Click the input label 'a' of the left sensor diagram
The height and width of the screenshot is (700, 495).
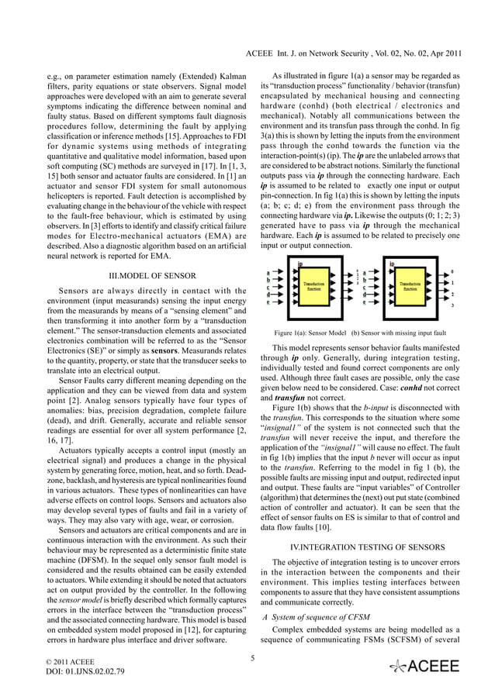pos(268,272)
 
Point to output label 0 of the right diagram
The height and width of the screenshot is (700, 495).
pos(452,271)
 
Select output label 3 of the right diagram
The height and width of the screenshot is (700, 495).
pos(452,305)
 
